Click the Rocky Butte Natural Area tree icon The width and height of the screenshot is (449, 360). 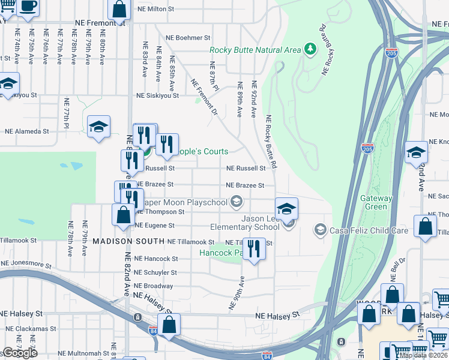point(310,49)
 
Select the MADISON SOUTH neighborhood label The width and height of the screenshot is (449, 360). point(128,241)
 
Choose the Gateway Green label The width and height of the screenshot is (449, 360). point(376,203)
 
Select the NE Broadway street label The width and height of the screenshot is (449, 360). point(154,286)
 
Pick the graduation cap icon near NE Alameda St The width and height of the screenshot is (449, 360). point(98,127)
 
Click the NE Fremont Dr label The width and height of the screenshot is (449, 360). point(204,97)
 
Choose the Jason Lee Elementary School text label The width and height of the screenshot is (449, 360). point(245,223)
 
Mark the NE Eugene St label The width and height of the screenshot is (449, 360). point(155,226)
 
